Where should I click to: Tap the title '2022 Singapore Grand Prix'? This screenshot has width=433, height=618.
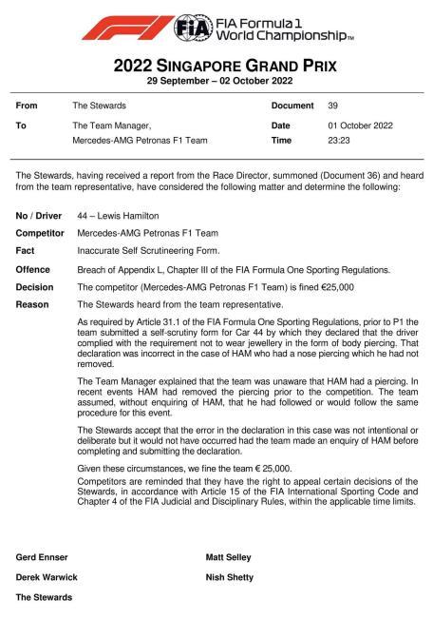pyautogui.click(x=216, y=67)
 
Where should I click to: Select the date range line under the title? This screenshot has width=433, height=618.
pyautogui.click(x=216, y=82)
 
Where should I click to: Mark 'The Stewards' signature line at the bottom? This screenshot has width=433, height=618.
pyautogui.click(x=45, y=597)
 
